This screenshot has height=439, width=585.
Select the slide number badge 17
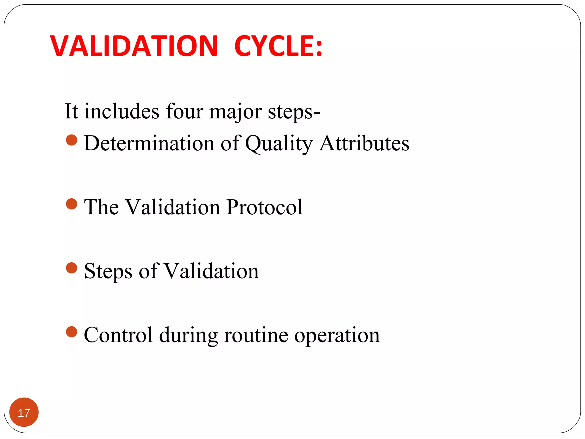pos(24,412)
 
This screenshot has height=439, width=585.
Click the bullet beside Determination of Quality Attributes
pos(71,140)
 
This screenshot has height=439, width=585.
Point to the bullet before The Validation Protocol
pos(71,204)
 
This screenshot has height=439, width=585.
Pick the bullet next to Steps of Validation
pos(71,268)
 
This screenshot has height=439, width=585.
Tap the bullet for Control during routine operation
pos(71,332)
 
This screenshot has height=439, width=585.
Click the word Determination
pos(149,143)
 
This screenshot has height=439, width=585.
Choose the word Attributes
pos(364,143)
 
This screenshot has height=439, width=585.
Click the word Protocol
pos(265,207)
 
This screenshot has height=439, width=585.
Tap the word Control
pos(118,335)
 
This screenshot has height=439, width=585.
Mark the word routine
pos(256,335)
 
